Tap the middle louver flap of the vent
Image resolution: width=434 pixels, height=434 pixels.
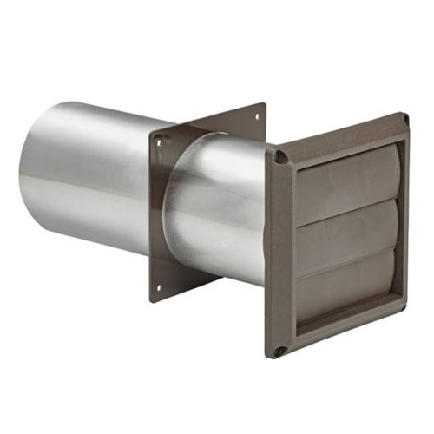click(347, 232)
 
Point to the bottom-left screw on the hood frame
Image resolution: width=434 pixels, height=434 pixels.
click(279, 351)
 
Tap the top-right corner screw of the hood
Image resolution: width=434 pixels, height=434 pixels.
click(404, 119)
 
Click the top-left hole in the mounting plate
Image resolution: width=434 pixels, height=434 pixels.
click(160, 139)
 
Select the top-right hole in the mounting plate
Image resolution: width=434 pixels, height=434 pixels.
click(258, 109)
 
